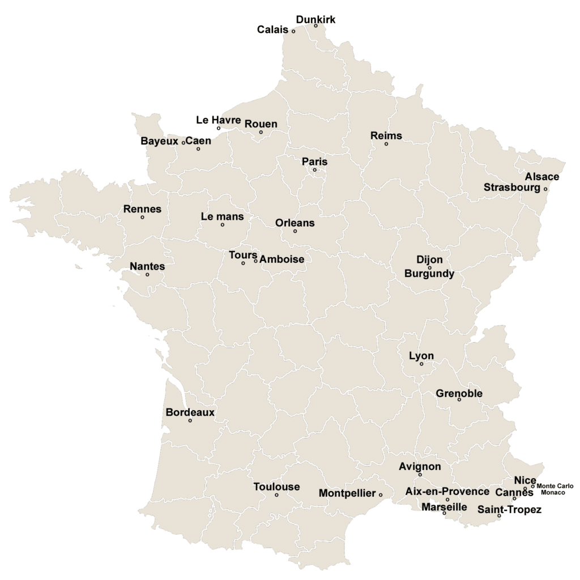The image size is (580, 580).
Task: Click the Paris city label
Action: click(314, 161)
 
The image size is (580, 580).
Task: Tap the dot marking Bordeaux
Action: click(190, 420)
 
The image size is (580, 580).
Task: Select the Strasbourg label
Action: click(512, 187)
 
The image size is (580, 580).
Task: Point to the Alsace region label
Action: click(541, 177)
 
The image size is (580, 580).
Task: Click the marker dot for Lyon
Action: click(421, 364)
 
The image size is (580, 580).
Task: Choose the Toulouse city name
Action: click(276, 487)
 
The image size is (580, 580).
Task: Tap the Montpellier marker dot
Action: click(381, 495)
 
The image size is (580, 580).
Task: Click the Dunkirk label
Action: click(315, 19)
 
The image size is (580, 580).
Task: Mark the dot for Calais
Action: click(293, 31)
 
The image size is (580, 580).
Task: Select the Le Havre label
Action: click(219, 120)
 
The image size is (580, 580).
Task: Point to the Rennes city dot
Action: click(142, 217)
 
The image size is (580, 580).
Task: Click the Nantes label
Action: click(147, 266)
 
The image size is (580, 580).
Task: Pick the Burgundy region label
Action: click(429, 274)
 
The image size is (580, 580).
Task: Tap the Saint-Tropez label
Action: click(509, 510)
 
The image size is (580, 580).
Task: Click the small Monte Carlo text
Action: click(555, 486)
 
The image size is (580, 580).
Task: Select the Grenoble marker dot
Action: click(459, 400)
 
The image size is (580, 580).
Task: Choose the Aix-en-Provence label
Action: click(447, 491)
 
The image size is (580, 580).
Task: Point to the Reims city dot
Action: click(386, 144)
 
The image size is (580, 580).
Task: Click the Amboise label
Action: click(282, 259)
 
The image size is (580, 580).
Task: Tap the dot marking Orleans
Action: click(295, 231)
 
